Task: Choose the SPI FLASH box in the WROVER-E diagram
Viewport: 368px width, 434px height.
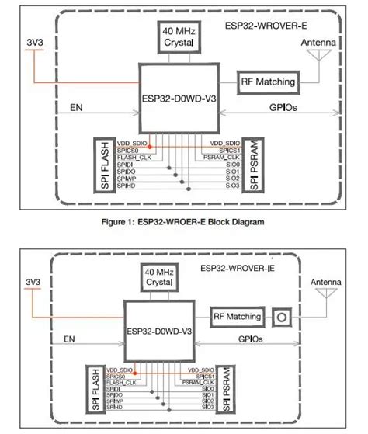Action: coord(100,165)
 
